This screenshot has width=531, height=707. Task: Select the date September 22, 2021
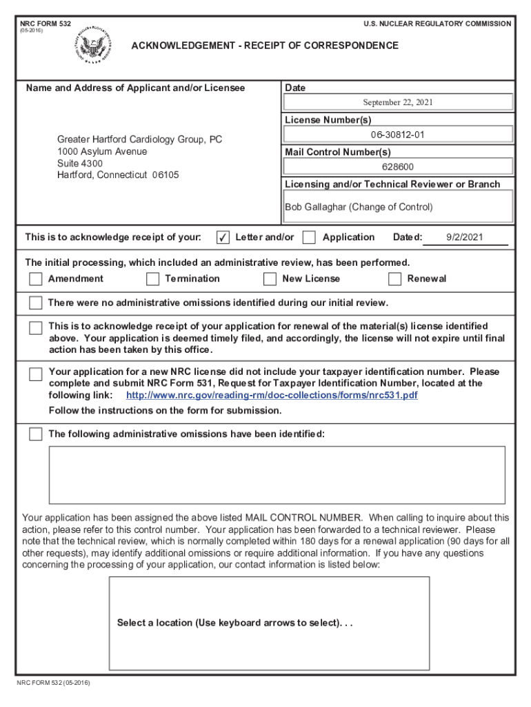click(398, 103)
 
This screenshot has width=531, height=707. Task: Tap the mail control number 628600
click(398, 166)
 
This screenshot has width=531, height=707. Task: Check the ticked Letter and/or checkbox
click(223, 238)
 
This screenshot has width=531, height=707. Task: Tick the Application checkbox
click(309, 238)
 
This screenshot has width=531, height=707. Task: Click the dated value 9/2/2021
click(465, 238)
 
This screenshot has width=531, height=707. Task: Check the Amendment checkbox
click(35, 279)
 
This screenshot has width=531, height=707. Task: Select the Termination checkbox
click(152, 279)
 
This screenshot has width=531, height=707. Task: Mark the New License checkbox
click(270, 279)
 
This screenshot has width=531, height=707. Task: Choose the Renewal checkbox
click(394, 279)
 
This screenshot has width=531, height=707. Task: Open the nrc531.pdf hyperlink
click(272, 396)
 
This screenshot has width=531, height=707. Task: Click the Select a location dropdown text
click(234, 623)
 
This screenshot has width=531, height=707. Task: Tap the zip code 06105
click(166, 175)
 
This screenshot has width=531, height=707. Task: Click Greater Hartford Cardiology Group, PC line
click(139, 139)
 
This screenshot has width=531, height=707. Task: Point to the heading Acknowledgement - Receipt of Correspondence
click(265, 46)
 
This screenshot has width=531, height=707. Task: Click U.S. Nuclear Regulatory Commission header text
click(437, 23)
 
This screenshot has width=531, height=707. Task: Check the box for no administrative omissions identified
click(35, 303)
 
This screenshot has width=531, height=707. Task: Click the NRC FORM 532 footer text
click(54, 684)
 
